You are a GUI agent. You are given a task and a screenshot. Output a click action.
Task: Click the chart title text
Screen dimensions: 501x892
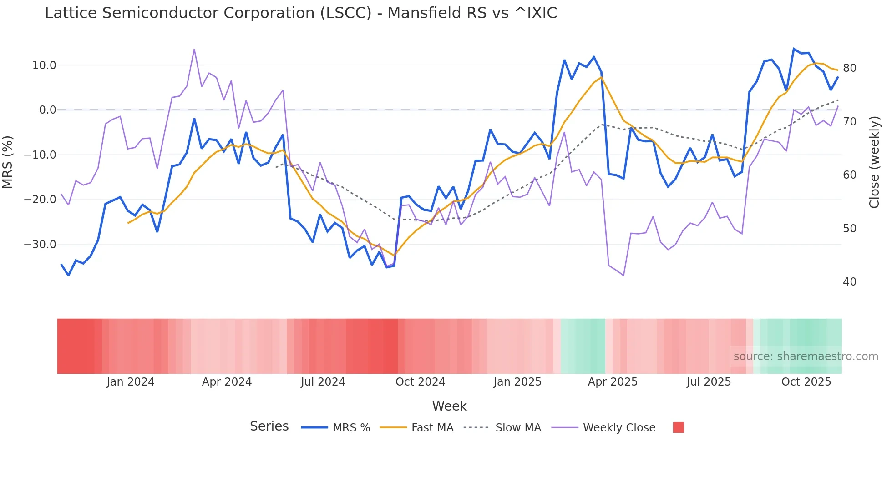click(301, 13)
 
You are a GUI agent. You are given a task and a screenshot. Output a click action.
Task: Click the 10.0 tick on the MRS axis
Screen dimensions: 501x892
click(44, 65)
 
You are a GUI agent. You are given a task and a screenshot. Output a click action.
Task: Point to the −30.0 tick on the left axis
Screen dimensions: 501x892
click(40, 245)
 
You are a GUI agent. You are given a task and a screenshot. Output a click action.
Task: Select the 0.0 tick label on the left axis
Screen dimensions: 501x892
click(48, 110)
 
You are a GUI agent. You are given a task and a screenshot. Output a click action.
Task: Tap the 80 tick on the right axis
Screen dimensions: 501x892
click(849, 68)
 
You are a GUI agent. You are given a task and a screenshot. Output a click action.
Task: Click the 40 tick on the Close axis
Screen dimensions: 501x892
click(849, 282)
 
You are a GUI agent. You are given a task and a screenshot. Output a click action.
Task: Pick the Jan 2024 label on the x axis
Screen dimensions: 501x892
click(131, 382)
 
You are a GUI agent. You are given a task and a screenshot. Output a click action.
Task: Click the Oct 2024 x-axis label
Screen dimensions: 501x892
click(420, 382)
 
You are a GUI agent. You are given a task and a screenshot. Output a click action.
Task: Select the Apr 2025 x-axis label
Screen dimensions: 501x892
click(613, 382)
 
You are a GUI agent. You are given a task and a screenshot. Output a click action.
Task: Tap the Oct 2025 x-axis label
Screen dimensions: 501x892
click(806, 382)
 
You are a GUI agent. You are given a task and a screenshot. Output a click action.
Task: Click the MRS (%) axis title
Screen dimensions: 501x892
click(8, 162)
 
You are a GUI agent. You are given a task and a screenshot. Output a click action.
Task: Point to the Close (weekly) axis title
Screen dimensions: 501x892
click(874, 162)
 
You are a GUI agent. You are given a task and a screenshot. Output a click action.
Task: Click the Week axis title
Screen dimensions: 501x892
click(449, 406)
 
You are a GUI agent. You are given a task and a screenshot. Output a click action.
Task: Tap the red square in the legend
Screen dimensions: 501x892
click(678, 427)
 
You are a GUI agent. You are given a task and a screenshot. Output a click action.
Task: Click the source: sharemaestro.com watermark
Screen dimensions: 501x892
click(806, 356)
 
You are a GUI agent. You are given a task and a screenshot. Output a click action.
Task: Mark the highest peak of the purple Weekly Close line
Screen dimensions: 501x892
click(194, 50)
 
